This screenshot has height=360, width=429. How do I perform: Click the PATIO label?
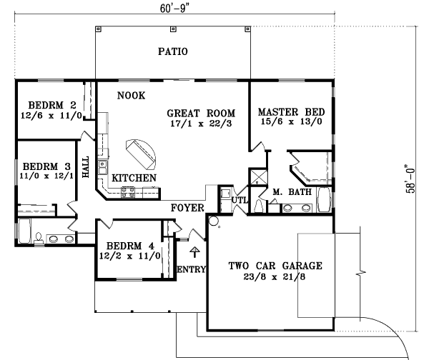click(x=172, y=51)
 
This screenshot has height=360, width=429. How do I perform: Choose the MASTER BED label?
click(x=291, y=113)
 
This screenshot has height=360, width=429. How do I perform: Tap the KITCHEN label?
click(x=134, y=176)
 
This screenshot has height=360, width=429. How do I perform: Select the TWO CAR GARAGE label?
click(x=275, y=266)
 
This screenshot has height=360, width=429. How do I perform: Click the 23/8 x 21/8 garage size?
click(x=275, y=278)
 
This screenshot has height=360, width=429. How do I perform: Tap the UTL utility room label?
click(x=240, y=201)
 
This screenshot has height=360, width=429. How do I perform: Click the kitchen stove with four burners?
click(x=129, y=191)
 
